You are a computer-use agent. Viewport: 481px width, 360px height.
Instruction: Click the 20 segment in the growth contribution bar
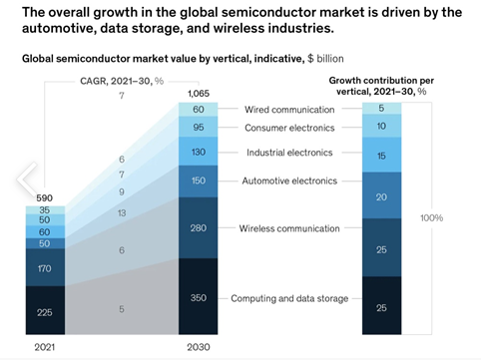pos(383,197)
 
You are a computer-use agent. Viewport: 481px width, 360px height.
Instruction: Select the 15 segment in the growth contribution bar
pos(383,158)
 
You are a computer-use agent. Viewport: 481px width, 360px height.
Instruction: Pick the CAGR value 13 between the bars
pos(122,213)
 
